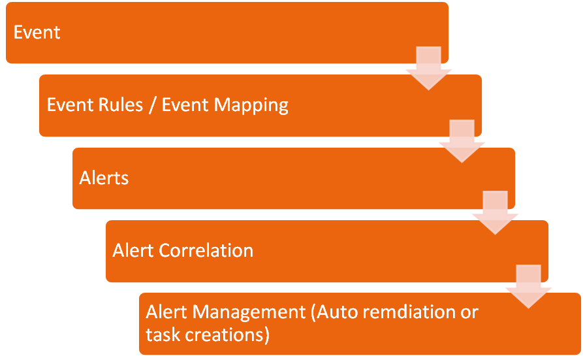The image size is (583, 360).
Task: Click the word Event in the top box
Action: tap(37, 33)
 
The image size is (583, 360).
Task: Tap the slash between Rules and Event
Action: tap(152, 105)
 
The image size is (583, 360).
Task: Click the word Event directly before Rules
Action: tap(70, 105)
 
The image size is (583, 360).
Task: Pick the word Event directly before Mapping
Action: tap(185, 105)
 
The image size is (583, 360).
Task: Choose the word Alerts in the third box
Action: tap(104, 178)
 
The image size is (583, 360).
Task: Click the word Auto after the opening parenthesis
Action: tap(338, 312)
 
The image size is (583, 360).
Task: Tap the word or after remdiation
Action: tap(469, 313)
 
